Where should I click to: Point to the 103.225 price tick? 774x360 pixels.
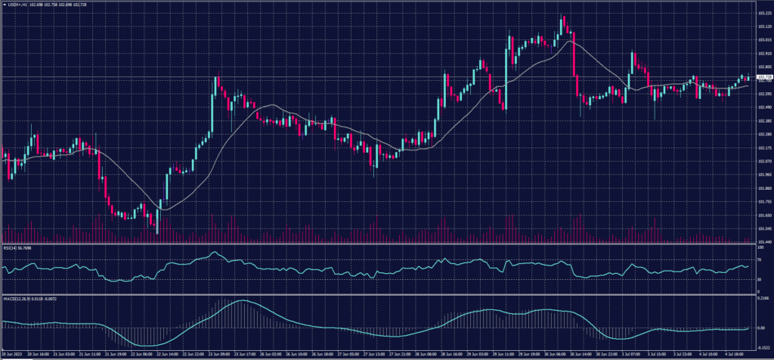[x=764, y=13]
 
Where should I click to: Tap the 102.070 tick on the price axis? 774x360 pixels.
[x=764, y=161]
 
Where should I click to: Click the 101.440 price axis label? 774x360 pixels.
[x=764, y=242]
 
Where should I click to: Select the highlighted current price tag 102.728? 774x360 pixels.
[x=764, y=77]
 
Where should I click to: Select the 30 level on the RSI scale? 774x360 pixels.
[x=759, y=280]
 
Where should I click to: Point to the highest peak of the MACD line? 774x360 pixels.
[x=240, y=301]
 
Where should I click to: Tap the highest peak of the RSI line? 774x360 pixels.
[x=215, y=253]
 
